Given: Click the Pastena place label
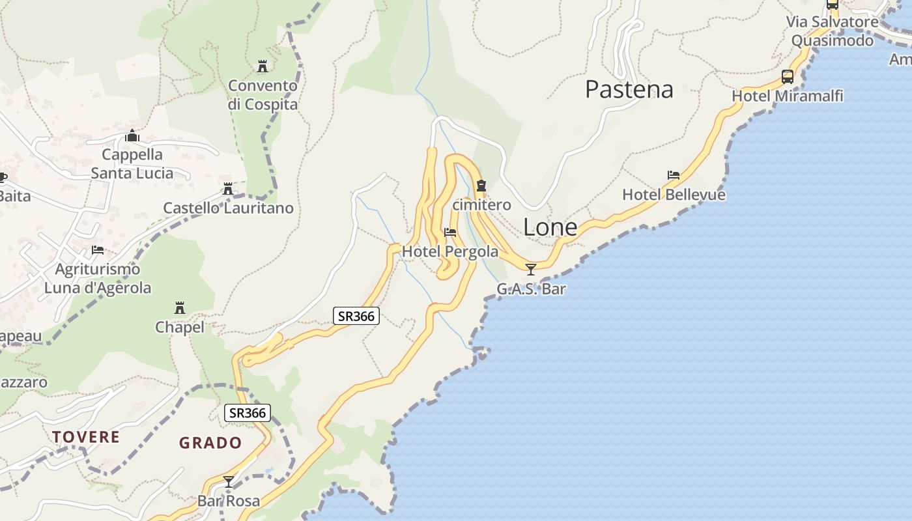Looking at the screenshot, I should [x=629, y=89].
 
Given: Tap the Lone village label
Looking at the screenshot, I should [x=550, y=227].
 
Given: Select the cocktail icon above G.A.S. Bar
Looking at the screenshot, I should [x=531, y=269].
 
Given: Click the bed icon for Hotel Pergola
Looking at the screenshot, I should [x=449, y=232].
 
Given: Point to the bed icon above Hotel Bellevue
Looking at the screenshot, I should [x=674, y=175].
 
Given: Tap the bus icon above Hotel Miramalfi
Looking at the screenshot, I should [x=787, y=77].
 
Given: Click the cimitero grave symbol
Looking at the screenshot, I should [x=481, y=186].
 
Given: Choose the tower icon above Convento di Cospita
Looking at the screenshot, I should [x=263, y=66].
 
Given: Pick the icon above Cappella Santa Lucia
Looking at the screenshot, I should [x=132, y=135].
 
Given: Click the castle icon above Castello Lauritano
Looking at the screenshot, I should [x=228, y=189].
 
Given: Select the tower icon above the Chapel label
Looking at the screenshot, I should [x=180, y=307].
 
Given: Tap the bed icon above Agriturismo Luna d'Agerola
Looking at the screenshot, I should [x=98, y=249].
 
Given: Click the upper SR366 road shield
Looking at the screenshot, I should [x=356, y=317].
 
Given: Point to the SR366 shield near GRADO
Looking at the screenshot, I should [x=248, y=413].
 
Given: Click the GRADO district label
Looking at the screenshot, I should [x=210, y=443].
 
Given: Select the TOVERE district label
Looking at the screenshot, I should [x=86, y=436].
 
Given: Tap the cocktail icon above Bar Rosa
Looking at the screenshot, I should [x=229, y=482].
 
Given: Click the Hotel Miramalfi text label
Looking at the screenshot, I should [x=788, y=96].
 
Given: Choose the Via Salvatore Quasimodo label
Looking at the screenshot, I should [x=832, y=31].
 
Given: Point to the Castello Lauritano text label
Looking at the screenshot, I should [x=228, y=208].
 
